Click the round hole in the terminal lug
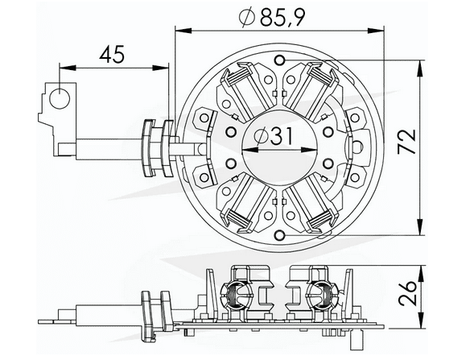coord(59,100)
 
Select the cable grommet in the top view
coord(158,147)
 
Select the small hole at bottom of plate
coord(278,236)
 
